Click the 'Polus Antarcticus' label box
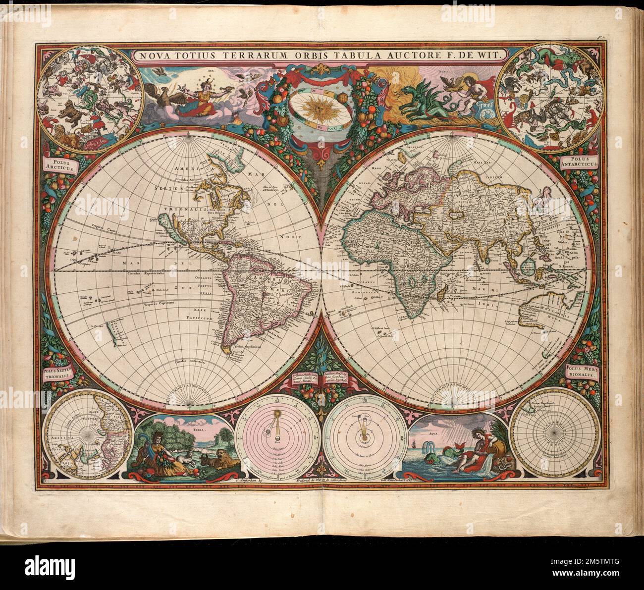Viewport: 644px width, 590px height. tap(580, 161)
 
